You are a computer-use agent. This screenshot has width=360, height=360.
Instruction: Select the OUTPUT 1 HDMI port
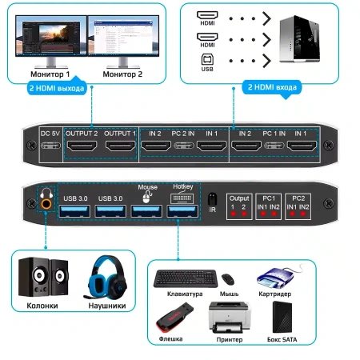[x=120, y=146]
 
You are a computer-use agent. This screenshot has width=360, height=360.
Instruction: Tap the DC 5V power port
[x=50, y=147]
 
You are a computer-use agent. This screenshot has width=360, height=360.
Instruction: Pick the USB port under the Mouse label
[x=147, y=210]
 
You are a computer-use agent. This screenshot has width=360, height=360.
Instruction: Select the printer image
[x=228, y=318]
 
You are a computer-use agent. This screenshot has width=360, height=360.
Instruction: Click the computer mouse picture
[x=228, y=279]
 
